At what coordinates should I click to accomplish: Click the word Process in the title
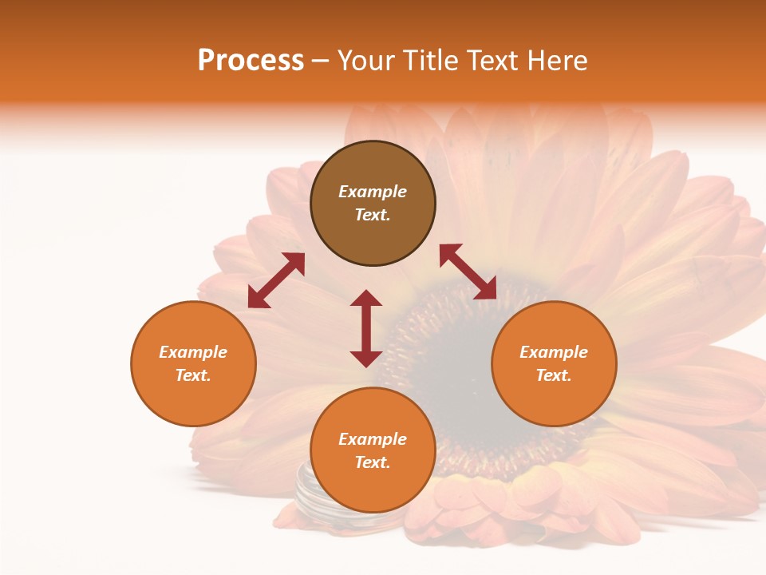click(251, 61)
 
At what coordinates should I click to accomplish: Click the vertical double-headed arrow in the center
click(366, 328)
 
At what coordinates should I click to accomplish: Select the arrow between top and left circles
click(276, 280)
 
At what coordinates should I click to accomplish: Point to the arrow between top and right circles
click(468, 272)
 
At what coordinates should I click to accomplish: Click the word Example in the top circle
click(373, 192)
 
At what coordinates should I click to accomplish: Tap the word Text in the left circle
click(193, 375)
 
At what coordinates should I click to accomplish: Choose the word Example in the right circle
click(554, 352)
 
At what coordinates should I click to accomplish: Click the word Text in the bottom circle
click(373, 463)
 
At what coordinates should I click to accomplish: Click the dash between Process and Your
click(320, 61)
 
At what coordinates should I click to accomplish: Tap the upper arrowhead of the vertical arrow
click(366, 298)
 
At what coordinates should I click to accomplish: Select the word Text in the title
click(488, 61)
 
